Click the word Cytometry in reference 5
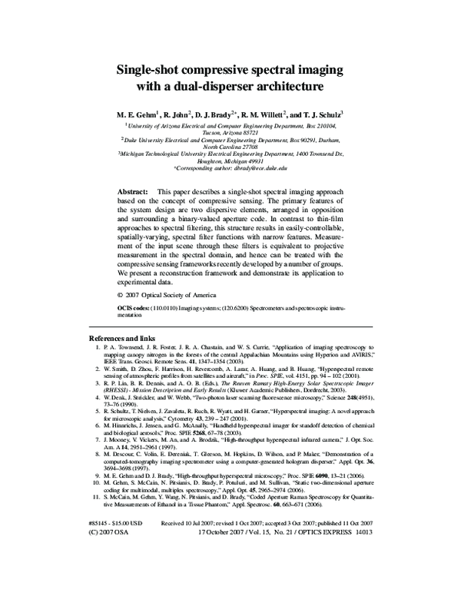click(x=189, y=418)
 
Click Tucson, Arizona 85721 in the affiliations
click(x=230, y=131)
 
